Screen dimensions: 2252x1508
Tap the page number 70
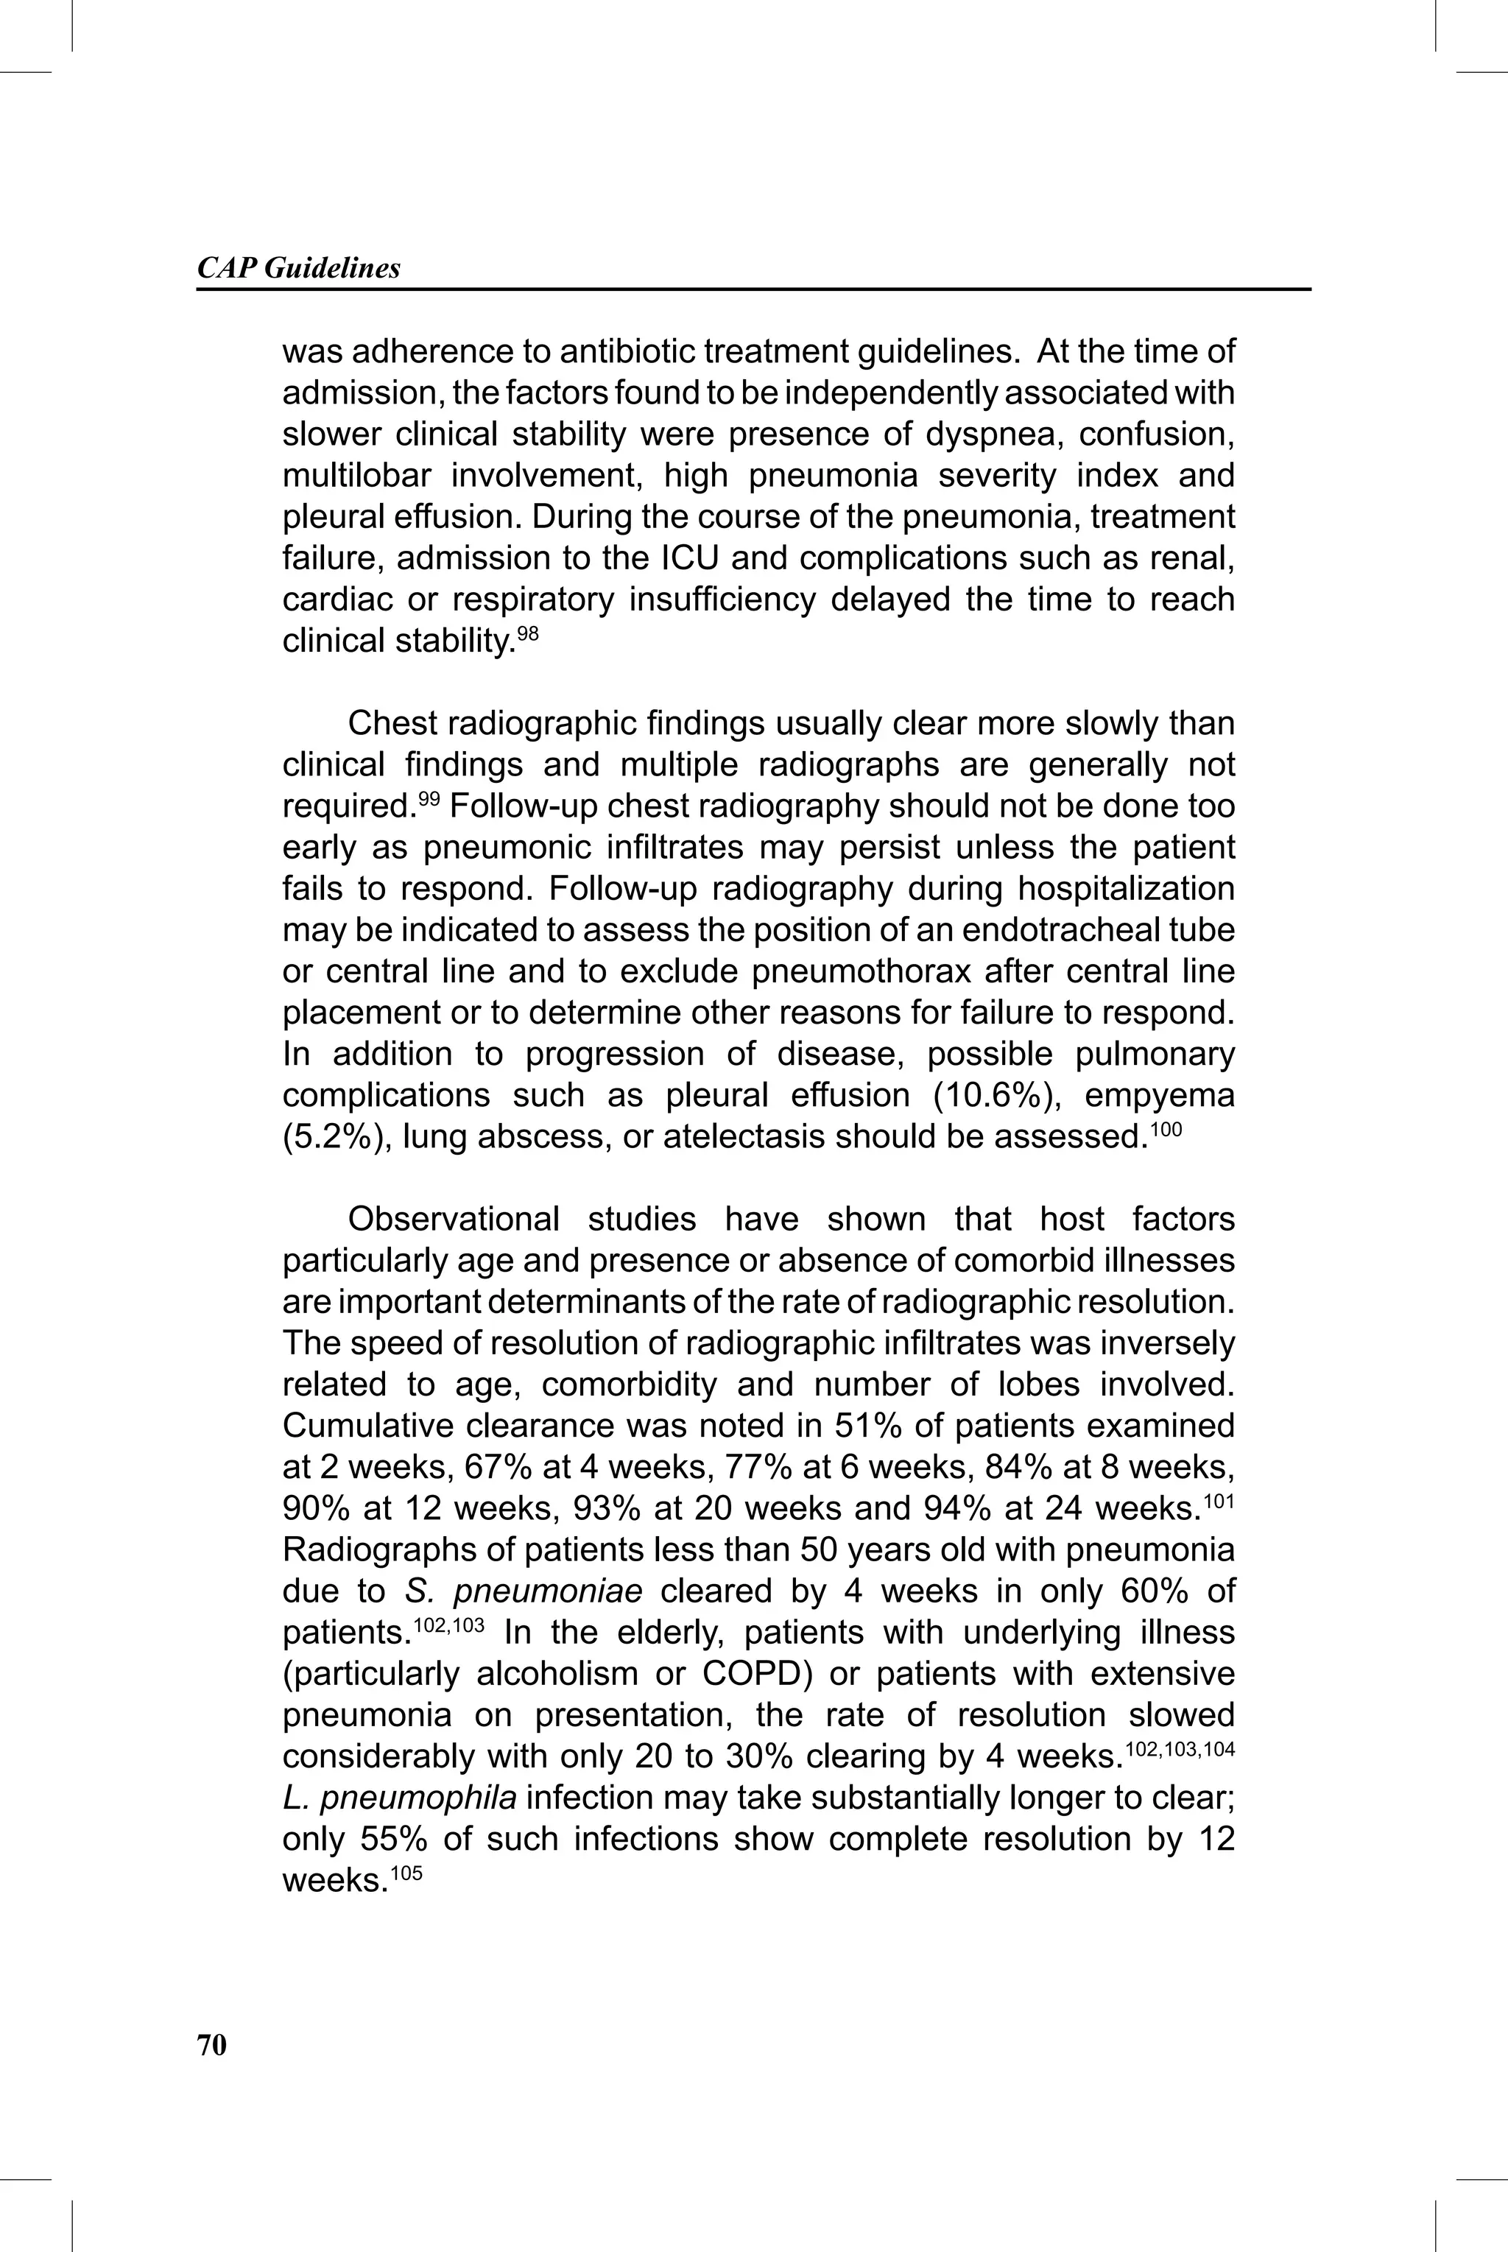(x=211, y=2045)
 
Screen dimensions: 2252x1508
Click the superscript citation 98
(x=528, y=633)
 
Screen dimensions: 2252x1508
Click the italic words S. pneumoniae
(x=524, y=1591)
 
